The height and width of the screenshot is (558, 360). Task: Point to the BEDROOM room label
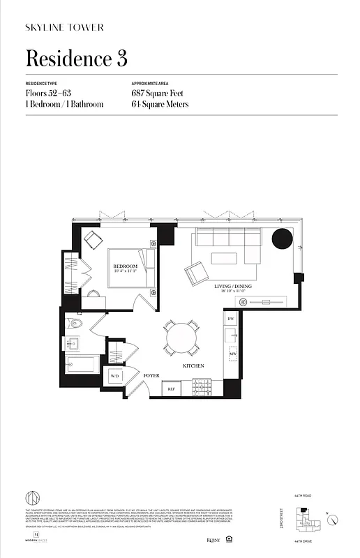(x=126, y=266)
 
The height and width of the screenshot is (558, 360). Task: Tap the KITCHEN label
(x=193, y=365)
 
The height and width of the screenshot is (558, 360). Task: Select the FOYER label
(x=151, y=375)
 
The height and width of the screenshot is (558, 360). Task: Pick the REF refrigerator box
(x=171, y=389)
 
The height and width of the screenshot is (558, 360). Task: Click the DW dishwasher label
(x=231, y=319)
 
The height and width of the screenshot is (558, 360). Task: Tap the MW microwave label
(x=233, y=354)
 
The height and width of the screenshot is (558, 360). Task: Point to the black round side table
(x=282, y=239)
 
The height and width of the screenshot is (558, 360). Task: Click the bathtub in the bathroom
(x=82, y=365)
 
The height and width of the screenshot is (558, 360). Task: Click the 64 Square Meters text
(x=160, y=105)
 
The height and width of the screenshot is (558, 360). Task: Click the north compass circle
(x=333, y=520)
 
